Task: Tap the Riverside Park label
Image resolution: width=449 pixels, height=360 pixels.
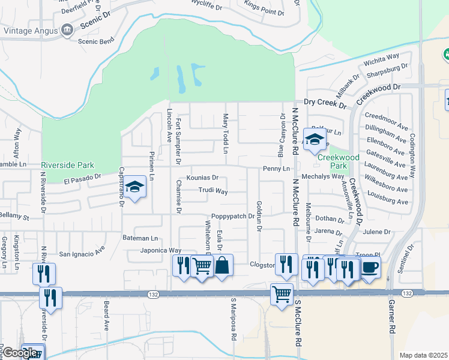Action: coord(68,164)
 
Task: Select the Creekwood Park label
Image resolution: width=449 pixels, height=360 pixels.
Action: coord(339,157)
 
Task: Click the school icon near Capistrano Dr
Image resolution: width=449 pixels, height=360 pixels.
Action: coord(135,188)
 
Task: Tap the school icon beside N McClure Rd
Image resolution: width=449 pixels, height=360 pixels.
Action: coord(315,140)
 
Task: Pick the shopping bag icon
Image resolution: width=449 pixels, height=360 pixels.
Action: coord(222,265)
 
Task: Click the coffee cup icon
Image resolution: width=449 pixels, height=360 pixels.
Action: coord(369,266)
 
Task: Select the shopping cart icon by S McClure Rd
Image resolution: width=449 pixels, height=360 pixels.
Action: coord(282,294)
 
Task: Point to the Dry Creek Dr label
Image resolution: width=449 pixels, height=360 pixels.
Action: coord(325,104)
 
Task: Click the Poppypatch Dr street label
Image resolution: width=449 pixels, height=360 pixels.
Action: coord(233,217)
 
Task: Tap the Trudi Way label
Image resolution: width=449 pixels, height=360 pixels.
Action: coord(213,191)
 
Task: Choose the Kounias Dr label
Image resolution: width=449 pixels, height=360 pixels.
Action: coord(202,178)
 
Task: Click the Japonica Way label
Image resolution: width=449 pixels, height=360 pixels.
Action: coord(161,251)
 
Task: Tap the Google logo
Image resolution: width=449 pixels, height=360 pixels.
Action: coord(20,353)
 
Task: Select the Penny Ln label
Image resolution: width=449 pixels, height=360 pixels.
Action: coord(276,169)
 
